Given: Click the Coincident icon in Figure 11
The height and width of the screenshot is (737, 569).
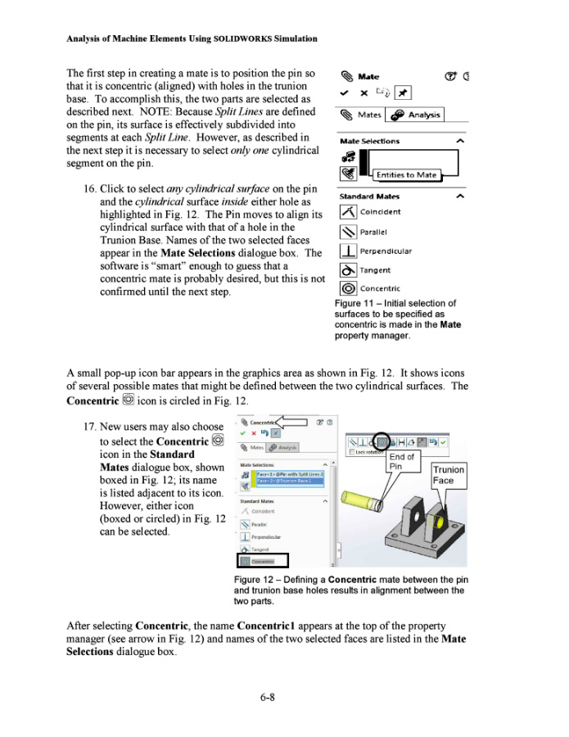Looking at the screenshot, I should point(348,211).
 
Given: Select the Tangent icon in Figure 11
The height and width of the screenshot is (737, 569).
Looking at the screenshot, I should point(348,269).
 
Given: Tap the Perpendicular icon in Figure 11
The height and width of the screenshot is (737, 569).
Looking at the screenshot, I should point(348,251).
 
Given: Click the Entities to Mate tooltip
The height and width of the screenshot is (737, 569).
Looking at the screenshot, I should point(406,174).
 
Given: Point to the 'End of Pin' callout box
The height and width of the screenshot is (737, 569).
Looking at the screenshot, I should point(401,461).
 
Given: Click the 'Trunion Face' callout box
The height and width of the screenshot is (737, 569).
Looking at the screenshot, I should point(448,475).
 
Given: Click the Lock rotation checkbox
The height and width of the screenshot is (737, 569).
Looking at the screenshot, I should point(352,452).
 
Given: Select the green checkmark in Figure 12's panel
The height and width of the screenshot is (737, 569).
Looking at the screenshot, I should point(243,433).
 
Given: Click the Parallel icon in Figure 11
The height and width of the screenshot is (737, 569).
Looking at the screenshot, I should point(348,231).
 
